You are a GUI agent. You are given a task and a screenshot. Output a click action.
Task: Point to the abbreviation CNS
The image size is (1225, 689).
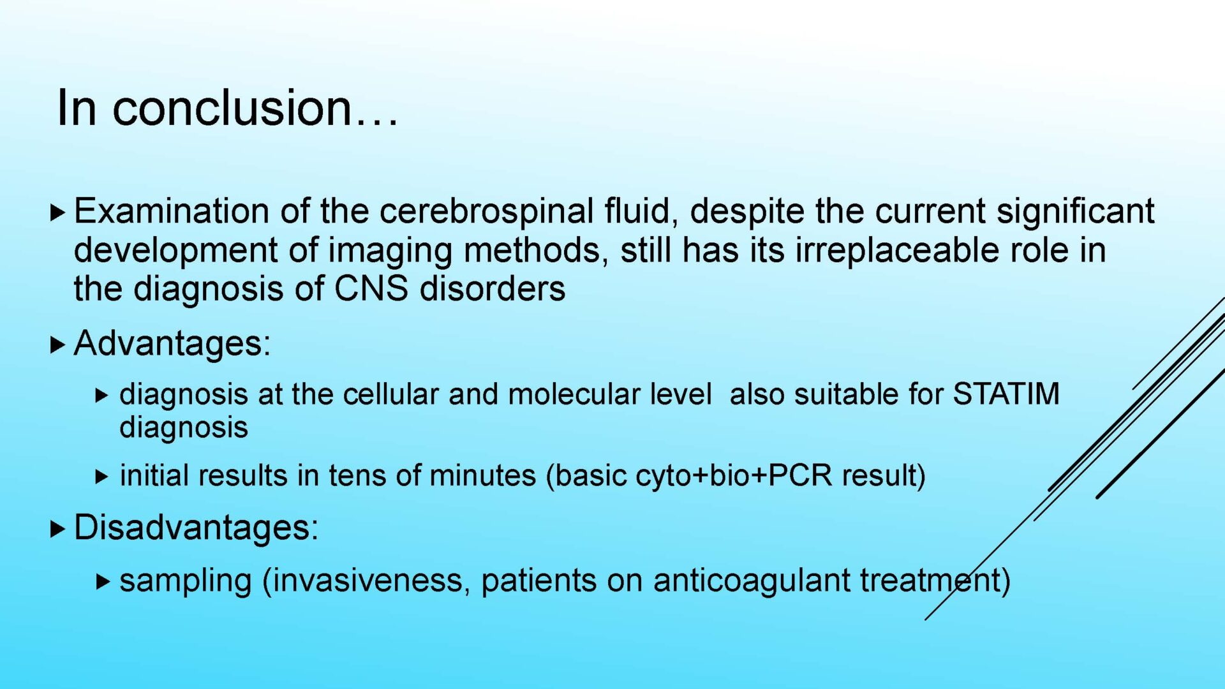click(371, 288)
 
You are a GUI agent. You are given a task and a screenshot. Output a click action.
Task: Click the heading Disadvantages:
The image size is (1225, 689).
click(197, 528)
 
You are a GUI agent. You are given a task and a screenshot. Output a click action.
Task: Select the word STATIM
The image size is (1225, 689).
click(1006, 394)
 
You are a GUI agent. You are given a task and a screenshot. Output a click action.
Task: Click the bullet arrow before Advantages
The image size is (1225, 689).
click(58, 345)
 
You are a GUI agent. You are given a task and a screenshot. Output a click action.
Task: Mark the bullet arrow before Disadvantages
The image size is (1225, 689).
click(58, 528)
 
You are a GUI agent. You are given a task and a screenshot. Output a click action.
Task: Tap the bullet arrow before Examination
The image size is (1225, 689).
click(58, 212)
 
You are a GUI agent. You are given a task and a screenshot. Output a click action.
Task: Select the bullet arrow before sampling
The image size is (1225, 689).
click(103, 581)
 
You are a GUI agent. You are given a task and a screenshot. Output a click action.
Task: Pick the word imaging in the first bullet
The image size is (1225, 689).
click(390, 251)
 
